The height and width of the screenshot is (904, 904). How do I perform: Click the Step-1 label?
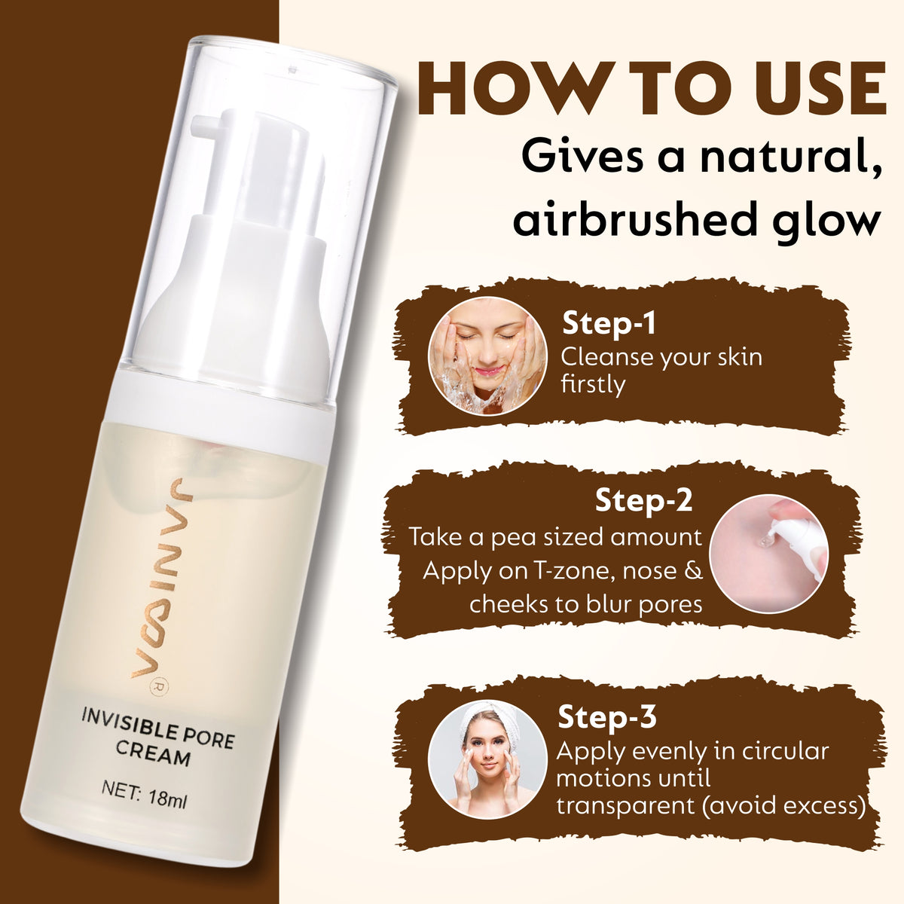609,323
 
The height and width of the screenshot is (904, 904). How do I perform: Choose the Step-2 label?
643,500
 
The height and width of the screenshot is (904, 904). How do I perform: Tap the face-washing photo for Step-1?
487,356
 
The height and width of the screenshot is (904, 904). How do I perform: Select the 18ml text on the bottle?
167,797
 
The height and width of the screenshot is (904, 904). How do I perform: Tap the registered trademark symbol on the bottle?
153,686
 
